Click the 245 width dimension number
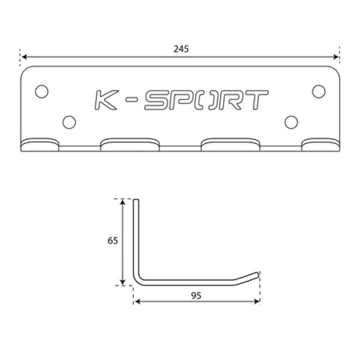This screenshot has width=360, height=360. (181, 49)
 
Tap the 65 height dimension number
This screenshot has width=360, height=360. (112, 240)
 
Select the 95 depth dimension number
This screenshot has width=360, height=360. (196, 296)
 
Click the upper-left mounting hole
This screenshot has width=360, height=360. (42, 91)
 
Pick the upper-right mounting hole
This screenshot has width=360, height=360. (319, 91)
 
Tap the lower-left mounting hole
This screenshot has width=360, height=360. (69, 122)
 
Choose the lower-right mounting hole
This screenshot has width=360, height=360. (291, 122)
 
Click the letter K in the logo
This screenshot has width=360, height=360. (107, 100)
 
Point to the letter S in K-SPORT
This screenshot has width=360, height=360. (157, 100)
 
